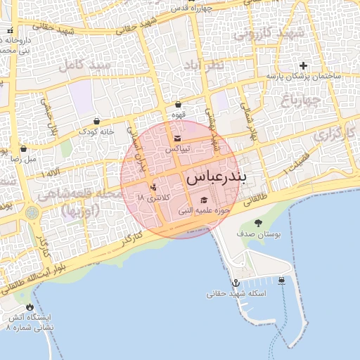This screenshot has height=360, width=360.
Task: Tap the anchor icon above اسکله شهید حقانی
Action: tap(236, 283)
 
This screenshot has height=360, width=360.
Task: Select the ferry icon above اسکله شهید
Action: tap(282, 281)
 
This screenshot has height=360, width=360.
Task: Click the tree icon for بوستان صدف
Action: tap(258, 223)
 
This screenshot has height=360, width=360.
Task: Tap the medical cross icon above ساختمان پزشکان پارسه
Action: tap(303, 65)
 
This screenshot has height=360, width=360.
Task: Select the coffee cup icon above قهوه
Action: tap(178, 105)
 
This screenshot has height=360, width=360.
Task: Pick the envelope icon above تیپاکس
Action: tap(176, 139)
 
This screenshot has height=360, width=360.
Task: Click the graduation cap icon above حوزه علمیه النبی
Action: tap(204, 200)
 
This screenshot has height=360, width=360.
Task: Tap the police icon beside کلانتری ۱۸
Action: tap(153, 188)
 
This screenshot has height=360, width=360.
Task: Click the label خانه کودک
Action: tap(96, 132)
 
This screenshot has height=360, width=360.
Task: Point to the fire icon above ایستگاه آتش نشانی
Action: tap(29, 307)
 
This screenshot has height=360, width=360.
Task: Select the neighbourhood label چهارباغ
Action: tap(302, 100)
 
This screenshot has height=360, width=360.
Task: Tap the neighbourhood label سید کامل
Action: tap(85, 66)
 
